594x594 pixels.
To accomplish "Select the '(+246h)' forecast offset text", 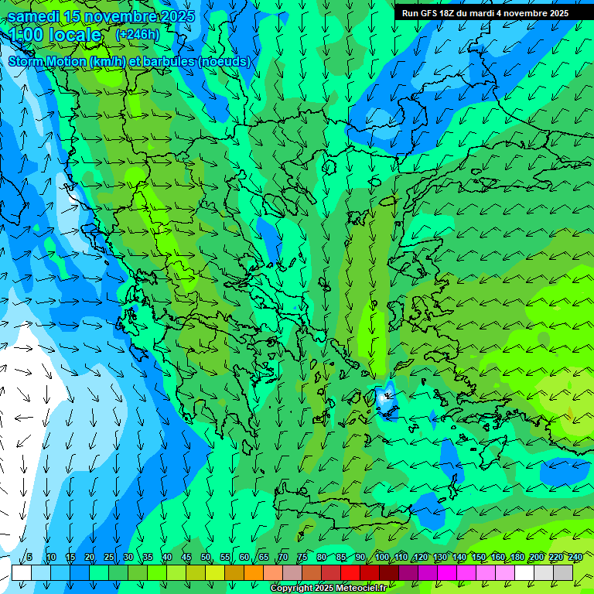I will [x=137, y=34].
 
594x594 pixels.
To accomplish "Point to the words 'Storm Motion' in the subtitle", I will [x=47, y=61].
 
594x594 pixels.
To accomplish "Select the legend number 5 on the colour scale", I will [x=29, y=558].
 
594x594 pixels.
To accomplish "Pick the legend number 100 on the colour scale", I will [x=382, y=558].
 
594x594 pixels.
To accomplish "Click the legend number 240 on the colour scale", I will [x=575, y=558].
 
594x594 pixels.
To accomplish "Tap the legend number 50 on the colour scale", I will [x=206, y=558].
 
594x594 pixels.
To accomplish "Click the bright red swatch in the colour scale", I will [x=350, y=572].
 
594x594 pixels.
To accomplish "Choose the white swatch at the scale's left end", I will [x=22, y=572].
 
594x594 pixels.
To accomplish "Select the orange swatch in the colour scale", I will [x=254, y=572].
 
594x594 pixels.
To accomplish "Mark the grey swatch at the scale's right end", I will [x=563, y=572].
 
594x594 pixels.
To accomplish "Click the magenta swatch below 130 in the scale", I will [x=447, y=572].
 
